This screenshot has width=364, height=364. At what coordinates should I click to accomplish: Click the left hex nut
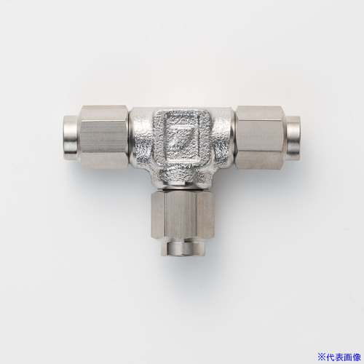pyautogui.click(x=104, y=138)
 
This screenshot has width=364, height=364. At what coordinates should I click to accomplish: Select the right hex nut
pyautogui.click(x=260, y=138)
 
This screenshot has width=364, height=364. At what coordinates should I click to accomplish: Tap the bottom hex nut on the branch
pyautogui.click(x=183, y=214)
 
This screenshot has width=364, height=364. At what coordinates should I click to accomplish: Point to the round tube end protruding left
pyautogui.click(x=72, y=138)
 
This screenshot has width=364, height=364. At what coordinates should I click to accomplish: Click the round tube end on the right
pyautogui.click(x=293, y=138)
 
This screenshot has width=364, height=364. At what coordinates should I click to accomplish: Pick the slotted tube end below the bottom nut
pyautogui.click(x=183, y=246)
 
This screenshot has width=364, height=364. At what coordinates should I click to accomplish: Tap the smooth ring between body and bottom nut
pyautogui.click(x=183, y=186)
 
